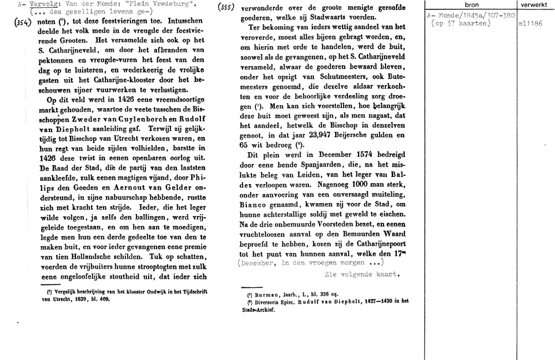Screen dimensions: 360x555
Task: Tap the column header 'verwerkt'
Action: click(534, 4)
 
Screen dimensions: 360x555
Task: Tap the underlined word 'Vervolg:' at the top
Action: click(42, 4)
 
